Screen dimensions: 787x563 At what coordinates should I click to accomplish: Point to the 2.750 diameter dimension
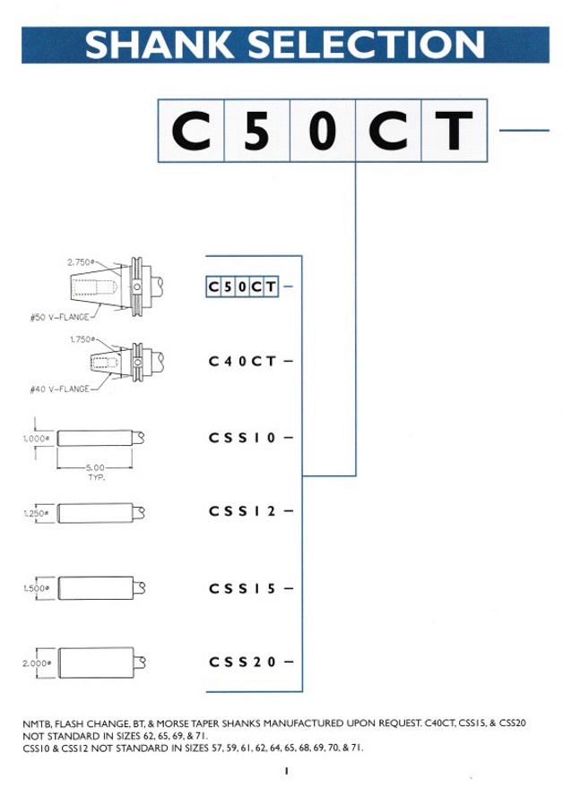coord(81,262)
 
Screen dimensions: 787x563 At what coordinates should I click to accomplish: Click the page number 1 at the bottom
coord(282,769)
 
